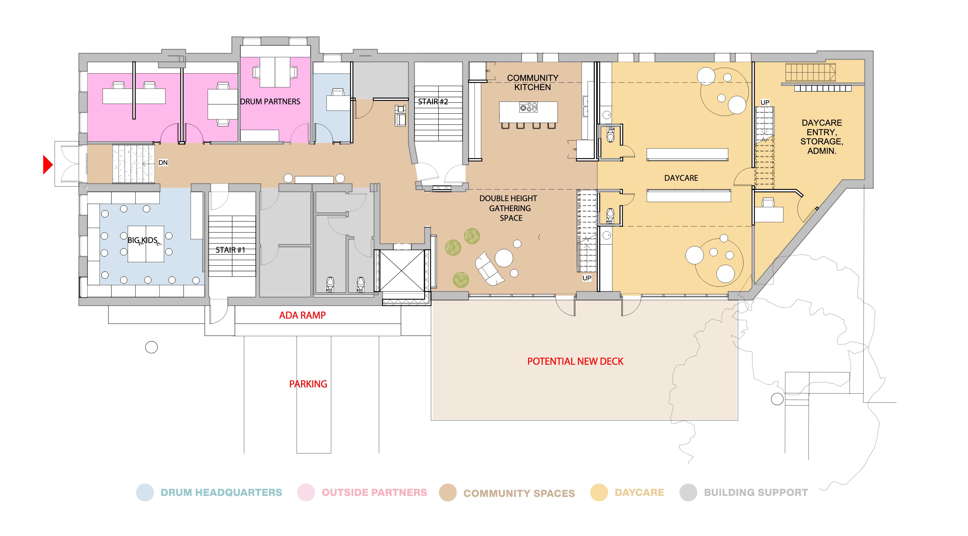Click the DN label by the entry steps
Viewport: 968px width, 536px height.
click(x=163, y=163)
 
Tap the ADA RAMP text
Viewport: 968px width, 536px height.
click(x=302, y=315)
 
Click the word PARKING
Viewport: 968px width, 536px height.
click(x=308, y=384)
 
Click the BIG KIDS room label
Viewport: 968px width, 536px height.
click(x=143, y=240)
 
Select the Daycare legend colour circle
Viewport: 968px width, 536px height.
click(x=599, y=493)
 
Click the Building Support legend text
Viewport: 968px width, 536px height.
click(x=756, y=493)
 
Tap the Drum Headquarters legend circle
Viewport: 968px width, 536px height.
click(x=145, y=493)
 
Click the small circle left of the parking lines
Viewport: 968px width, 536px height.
click(x=151, y=348)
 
